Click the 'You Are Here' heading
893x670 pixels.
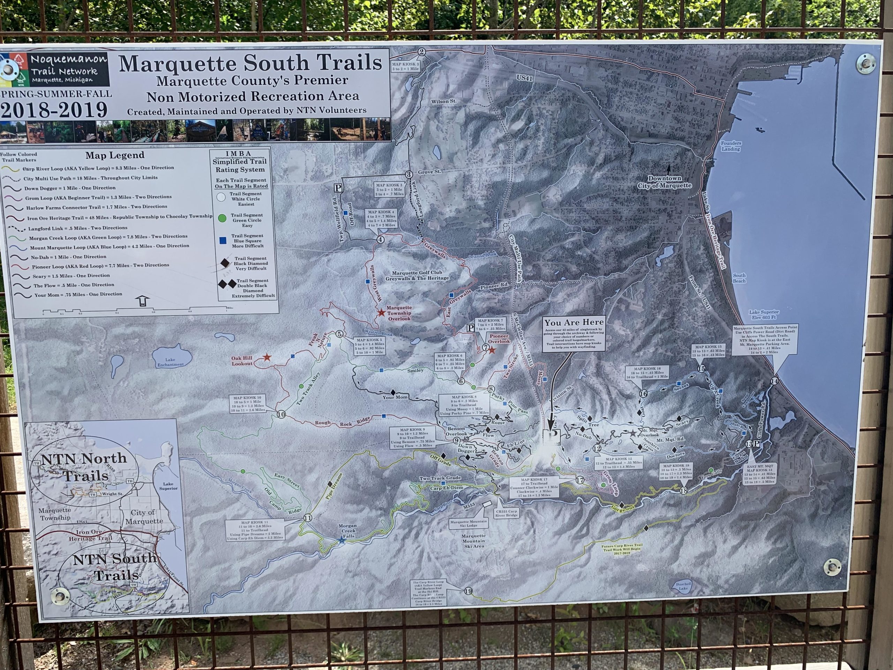click(x=574, y=322)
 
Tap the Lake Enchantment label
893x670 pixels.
click(x=170, y=362)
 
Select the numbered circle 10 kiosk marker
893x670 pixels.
click(x=281, y=414)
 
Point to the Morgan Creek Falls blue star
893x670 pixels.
click(x=342, y=539)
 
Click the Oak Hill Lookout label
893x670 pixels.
click(x=242, y=360)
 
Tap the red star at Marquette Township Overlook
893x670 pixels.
click(x=381, y=313)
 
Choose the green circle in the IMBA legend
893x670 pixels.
click(x=222, y=218)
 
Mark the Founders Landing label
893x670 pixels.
click(x=731, y=146)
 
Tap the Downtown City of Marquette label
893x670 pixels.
click(x=665, y=182)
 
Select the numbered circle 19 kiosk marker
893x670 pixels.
click(x=468, y=591)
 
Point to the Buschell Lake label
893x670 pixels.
click(x=683, y=586)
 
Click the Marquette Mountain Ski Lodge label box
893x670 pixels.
click(x=468, y=523)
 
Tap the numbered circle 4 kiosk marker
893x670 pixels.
click(x=380, y=239)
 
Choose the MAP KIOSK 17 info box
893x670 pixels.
click(x=534, y=487)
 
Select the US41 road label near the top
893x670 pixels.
click(x=524, y=78)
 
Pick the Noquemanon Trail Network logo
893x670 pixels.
click(x=55, y=69)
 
